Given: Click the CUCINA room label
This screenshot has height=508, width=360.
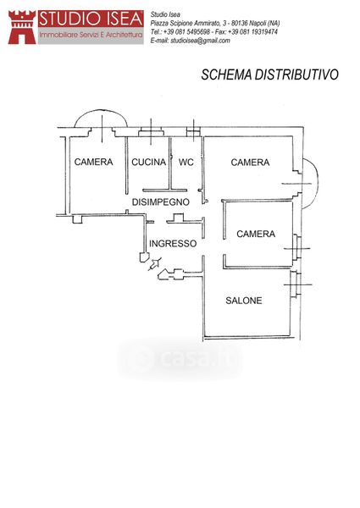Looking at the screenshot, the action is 149,162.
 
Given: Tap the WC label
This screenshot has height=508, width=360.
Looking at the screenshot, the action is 186,162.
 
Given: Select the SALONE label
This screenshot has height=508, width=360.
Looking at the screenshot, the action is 244,301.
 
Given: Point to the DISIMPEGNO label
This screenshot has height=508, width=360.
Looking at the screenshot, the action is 161,202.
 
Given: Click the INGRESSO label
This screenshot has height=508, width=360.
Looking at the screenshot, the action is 173,244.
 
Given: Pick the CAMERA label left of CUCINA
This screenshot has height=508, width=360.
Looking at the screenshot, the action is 94,162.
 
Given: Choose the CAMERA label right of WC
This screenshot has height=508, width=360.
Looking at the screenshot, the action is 250,163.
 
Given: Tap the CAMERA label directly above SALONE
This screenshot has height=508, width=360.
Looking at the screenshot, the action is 256,234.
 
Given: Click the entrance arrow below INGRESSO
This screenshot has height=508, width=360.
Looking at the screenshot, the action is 154,264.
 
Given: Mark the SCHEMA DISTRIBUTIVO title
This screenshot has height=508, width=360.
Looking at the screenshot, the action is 270,75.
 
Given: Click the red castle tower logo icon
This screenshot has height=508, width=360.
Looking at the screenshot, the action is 22,27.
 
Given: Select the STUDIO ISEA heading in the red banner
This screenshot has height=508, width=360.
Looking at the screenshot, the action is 91,19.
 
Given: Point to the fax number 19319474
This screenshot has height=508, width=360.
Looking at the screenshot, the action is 264,32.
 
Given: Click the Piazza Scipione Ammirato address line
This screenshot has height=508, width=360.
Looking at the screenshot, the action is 215,24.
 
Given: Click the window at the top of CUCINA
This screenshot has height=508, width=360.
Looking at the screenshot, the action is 151,133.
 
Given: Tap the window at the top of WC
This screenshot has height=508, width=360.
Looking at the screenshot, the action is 193,132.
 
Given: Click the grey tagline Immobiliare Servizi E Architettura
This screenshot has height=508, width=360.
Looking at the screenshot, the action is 91,35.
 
